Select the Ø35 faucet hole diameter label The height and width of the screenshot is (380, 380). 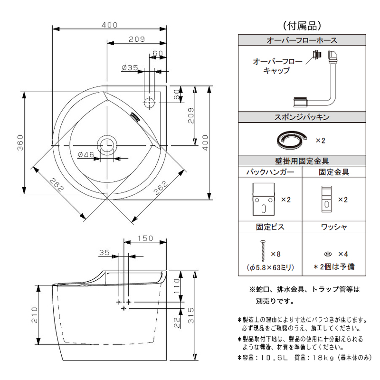129,68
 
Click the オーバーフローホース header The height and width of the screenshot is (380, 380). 302,41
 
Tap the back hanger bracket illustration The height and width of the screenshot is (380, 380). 264,199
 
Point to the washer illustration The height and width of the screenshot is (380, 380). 328,254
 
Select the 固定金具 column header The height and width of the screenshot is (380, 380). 333,172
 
